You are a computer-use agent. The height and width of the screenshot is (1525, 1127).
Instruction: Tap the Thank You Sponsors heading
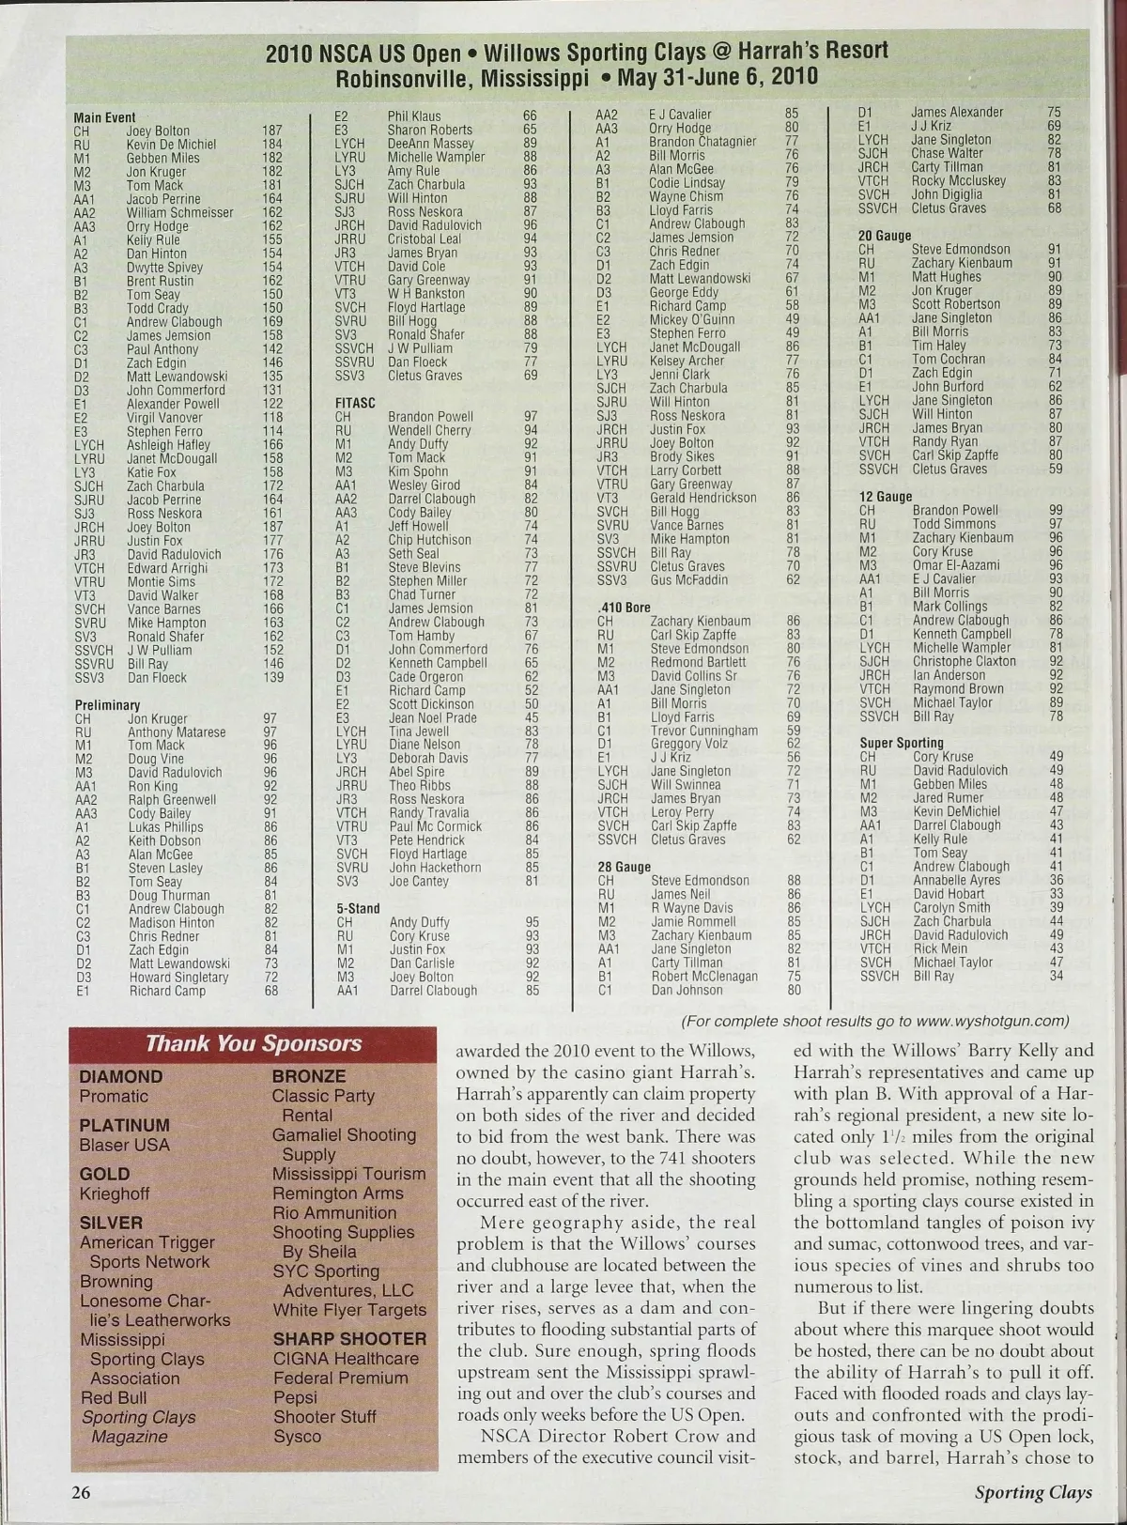click(254, 1043)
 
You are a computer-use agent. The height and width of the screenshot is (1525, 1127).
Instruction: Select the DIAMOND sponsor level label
click(121, 1076)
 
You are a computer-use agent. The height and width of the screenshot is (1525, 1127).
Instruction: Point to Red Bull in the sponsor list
click(115, 1397)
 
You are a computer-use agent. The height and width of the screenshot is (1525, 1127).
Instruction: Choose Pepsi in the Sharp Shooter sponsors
click(295, 1397)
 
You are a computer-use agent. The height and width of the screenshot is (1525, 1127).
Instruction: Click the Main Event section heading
click(104, 117)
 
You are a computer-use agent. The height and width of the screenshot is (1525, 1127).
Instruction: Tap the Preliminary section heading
click(107, 704)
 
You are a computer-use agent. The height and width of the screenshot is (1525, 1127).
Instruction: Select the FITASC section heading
click(355, 403)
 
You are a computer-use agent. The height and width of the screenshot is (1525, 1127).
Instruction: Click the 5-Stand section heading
click(358, 908)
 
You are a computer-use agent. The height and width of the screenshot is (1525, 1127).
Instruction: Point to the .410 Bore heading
click(624, 608)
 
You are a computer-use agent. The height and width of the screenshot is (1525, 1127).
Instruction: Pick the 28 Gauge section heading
click(624, 867)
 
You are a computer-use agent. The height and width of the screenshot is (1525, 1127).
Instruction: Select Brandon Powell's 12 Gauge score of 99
click(1056, 511)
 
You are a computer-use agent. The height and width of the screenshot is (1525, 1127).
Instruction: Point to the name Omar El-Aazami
click(956, 565)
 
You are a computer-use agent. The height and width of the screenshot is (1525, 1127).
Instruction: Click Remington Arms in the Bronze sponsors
click(337, 1193)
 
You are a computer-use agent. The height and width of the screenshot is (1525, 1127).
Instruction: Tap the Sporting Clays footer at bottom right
click(1033, 1492)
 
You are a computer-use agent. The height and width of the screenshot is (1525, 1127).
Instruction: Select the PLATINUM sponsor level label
click(125, 1125)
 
